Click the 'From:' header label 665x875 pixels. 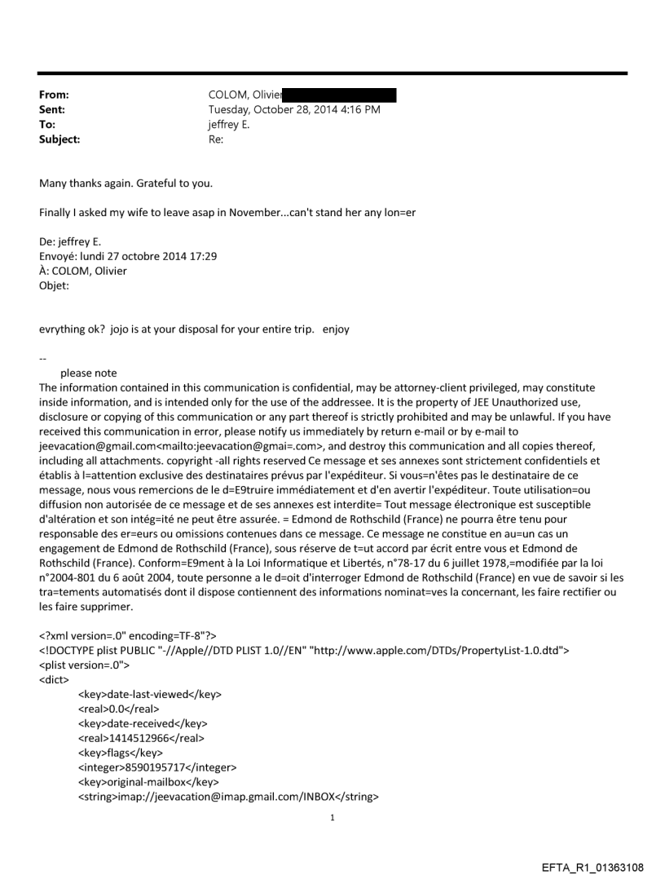54,95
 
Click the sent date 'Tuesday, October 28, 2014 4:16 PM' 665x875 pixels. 294,110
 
